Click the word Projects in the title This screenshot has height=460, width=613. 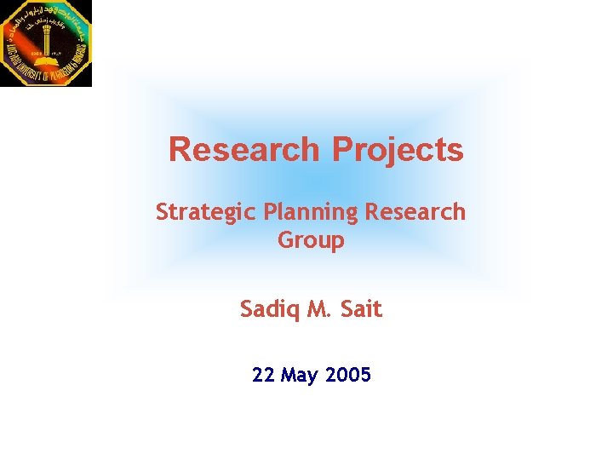pos(398,149)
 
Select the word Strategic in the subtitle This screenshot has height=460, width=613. pos(206,211)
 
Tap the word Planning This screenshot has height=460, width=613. pos(311,211)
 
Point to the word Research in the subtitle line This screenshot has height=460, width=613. pos(415,211)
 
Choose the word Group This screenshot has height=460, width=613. pos(311,240)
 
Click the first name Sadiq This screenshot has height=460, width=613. pos(268,309)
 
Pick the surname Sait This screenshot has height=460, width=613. pos(361,309)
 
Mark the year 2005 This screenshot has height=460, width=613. pos(349,375)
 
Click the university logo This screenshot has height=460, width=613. pos(46,43)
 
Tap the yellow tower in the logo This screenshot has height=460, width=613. pos(43,43)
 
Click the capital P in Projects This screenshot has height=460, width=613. pos(341,149)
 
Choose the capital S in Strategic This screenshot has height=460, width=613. pos(162,211)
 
